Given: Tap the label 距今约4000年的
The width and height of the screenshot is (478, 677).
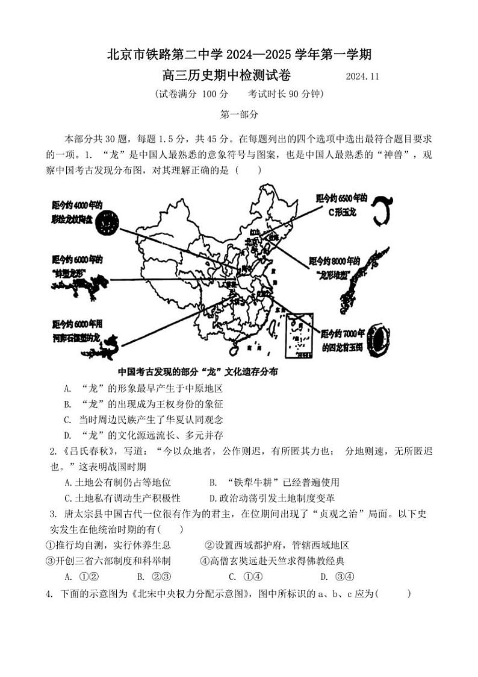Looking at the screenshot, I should click(77, 205).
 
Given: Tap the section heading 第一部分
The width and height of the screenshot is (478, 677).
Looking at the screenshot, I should click(239, 114).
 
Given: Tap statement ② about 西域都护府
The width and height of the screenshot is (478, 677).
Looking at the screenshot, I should click(277, 545).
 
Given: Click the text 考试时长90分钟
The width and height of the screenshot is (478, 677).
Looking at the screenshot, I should click(286, 94).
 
